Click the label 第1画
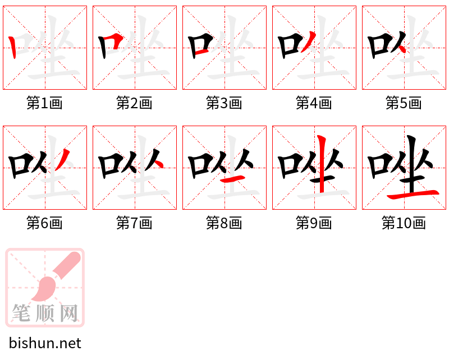coord(45,103)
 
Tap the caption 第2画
coord(135,103)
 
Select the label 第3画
coord(224,103)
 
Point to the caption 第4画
coord(314,103)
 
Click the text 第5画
coord(404,103)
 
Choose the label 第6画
coord(45,223)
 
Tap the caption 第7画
coord(135,223)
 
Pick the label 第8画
coord(224,223)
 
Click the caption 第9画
coord(314,223)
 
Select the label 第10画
coord(404,223)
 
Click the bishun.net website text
coord(45,343)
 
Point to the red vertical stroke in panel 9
coord(321,163)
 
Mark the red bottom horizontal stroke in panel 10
coord(413,194)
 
